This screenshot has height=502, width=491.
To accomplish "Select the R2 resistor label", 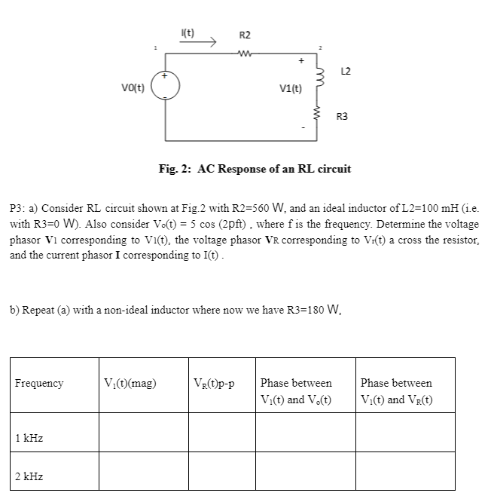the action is (x=245, y=35).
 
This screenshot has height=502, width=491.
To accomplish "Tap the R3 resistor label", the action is (x=342, y=116).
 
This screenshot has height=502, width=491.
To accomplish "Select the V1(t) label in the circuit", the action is (x=290, y=87).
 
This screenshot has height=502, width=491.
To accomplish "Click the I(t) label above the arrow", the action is (x=188, y=32).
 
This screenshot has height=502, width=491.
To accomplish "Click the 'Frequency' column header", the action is (x=39, y=383).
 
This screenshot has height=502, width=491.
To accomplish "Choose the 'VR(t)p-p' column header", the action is (x=215, y=383).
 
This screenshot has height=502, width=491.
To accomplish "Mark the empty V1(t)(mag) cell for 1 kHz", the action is (x=142, y=432).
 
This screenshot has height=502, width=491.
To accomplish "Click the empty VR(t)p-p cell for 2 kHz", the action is (x=221, y=470).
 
